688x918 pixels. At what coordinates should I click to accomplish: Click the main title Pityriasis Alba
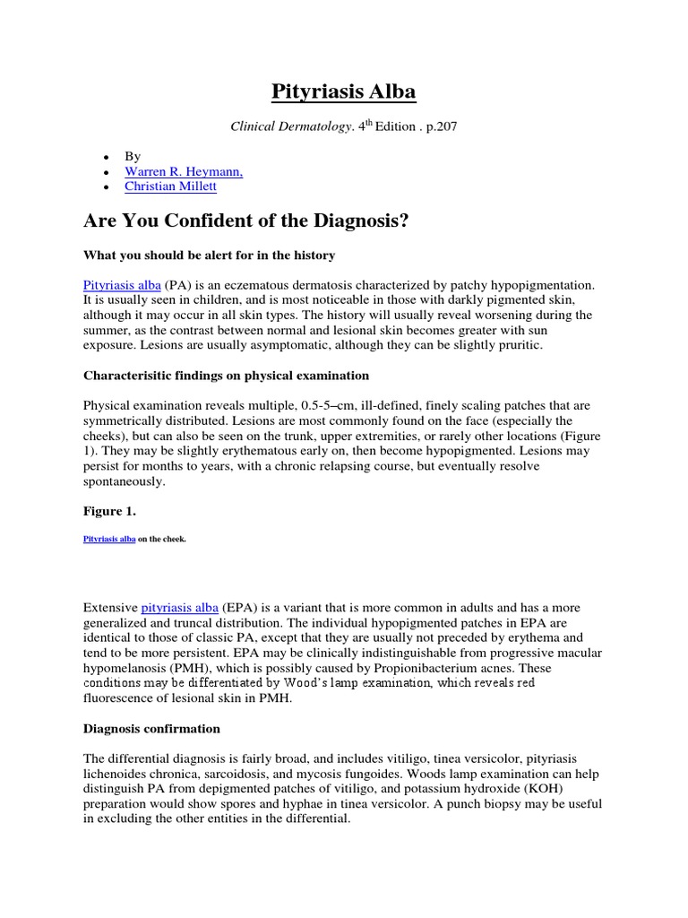coord(344,92)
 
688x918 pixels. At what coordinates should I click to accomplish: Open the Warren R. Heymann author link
coord(184,170)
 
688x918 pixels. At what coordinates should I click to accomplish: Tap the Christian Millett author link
coord(170,186)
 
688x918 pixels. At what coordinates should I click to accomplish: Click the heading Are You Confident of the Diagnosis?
coord(246,221)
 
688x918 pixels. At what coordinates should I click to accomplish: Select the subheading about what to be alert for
coord(209,255)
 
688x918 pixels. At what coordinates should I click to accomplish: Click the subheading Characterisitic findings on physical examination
coord(226,376)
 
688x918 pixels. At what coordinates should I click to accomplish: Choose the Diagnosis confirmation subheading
coord(151,729)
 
